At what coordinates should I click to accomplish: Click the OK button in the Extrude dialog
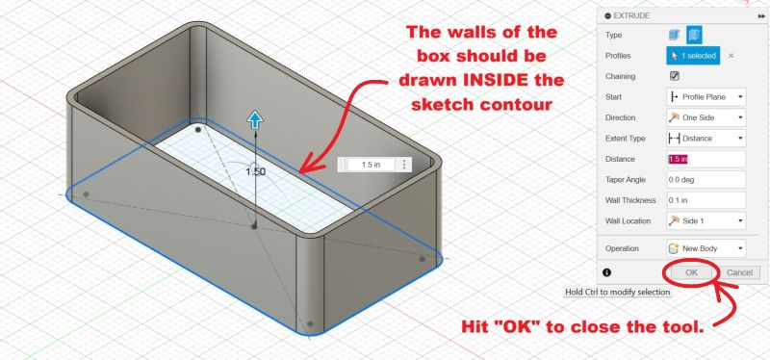691,272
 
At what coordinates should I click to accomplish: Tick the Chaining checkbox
674,76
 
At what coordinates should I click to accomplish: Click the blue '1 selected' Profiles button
692,56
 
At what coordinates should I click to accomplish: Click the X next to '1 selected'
731,56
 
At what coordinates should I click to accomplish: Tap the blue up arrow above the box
255,119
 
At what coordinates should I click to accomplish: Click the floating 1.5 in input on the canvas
370,165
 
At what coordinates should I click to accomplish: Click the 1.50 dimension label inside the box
255,171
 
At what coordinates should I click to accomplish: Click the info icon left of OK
606,273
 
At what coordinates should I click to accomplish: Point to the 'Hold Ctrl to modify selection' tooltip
618,292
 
